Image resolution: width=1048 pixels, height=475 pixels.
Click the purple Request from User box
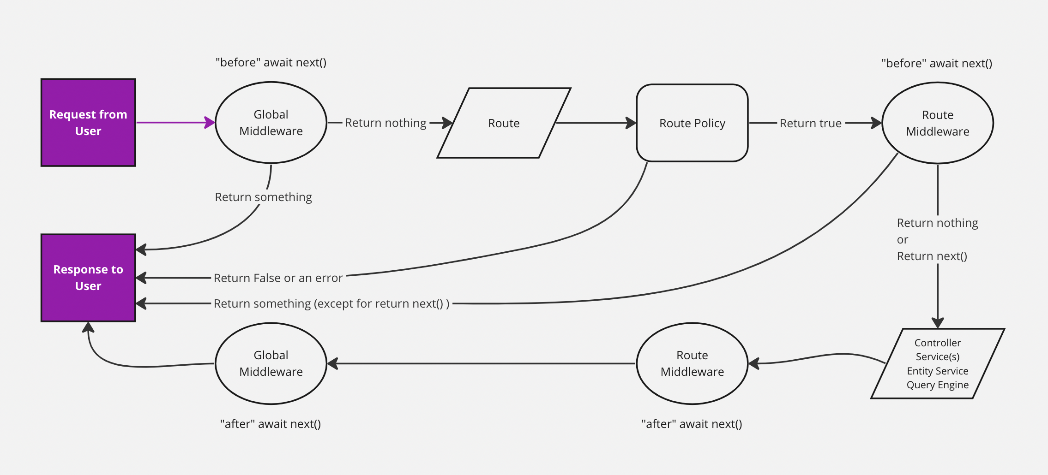88,122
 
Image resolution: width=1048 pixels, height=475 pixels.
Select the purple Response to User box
88,278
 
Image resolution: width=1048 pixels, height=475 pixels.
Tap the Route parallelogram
504,123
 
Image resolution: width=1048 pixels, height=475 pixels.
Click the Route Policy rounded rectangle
692,123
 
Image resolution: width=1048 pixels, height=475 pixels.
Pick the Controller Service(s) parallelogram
937,363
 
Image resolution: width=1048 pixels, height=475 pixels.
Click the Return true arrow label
810,123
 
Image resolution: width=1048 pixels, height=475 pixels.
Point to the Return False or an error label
278,278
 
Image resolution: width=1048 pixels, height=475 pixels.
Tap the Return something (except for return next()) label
331,303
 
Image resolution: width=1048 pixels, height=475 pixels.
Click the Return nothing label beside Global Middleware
385,123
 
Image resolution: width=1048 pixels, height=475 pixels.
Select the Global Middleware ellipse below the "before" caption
271,123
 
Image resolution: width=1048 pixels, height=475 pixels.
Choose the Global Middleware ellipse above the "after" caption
271,363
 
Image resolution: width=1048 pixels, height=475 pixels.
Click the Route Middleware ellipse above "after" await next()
692,363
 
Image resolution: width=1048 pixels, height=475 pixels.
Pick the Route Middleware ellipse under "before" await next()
937,123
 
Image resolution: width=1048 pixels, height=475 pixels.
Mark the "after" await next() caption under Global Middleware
271,424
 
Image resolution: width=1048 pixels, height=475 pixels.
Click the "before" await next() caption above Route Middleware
937,63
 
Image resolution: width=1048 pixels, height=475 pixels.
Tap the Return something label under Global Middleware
263,197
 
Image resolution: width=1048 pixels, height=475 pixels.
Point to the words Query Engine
937,385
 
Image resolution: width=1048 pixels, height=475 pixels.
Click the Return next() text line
932,256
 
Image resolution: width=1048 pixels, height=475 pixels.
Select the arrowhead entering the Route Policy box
631,123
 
